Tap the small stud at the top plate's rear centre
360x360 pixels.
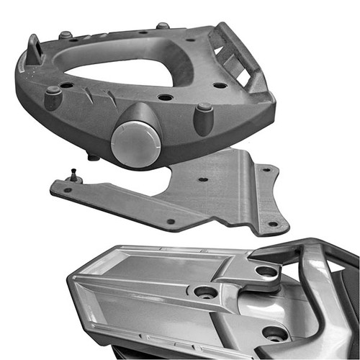163,27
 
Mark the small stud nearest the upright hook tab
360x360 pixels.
66,34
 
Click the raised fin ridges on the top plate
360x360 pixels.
101,96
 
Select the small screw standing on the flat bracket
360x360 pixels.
75,175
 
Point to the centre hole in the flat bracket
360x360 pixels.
203,179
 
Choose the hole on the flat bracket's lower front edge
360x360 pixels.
171,221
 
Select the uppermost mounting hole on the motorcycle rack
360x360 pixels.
266,271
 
